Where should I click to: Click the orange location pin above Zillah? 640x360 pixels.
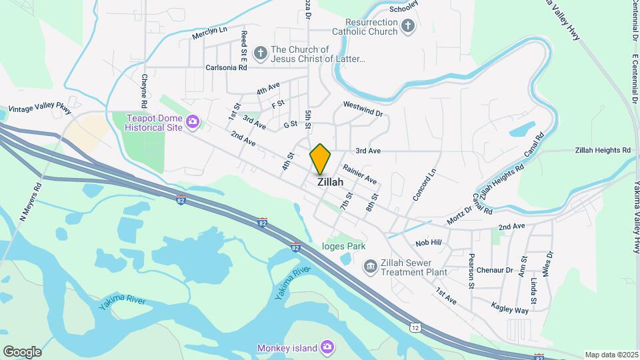tap(321, 159)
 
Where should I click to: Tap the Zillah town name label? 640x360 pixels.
tap(331, 181)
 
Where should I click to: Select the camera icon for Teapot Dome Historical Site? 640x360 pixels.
tap(193, 121)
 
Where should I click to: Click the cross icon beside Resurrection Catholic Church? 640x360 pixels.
tap(408, 27)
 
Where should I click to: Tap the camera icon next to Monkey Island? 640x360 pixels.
tap(327, 347)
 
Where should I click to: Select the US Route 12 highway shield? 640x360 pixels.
tap(415, 327)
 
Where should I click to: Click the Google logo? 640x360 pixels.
tap(22, 351)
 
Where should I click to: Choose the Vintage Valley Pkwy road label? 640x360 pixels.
tap(39, 110)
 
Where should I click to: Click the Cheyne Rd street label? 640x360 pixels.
tap(143, 91)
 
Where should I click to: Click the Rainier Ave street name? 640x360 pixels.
tap(360, 175)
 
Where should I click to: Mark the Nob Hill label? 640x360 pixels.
tap(429, 243)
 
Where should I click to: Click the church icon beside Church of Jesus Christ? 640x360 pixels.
tap(261, 51)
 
